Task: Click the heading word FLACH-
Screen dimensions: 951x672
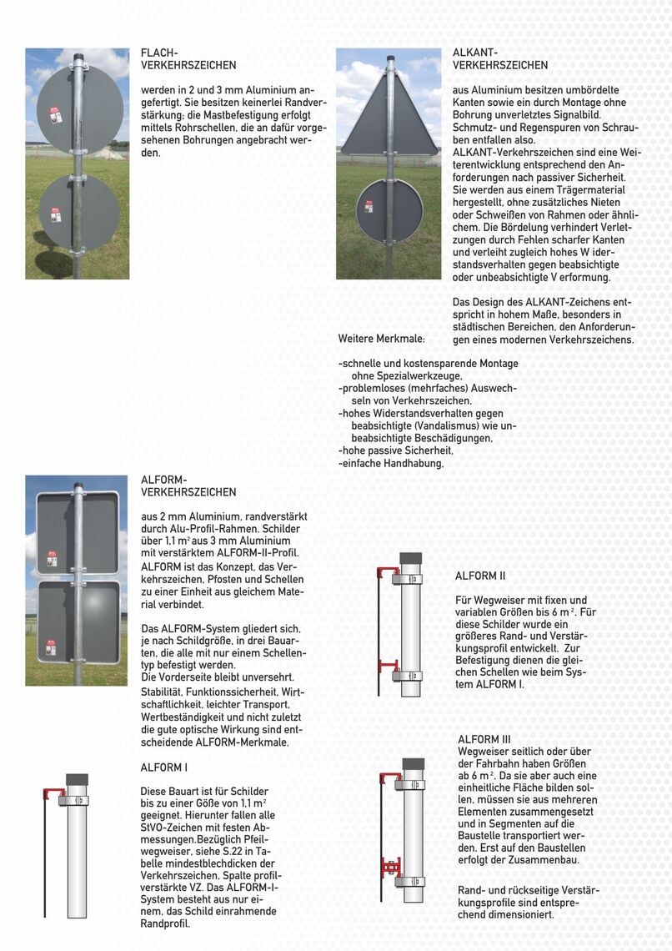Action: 159,53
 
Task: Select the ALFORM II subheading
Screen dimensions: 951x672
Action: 480,576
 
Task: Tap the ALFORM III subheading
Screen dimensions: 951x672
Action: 484,739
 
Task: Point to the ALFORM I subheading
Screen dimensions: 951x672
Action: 164,767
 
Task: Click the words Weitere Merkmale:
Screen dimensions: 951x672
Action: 382,340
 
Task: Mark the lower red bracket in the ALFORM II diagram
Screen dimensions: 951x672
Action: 388,665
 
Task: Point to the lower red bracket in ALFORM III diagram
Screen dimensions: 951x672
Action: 389,868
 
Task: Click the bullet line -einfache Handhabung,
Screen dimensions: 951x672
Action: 391,463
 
